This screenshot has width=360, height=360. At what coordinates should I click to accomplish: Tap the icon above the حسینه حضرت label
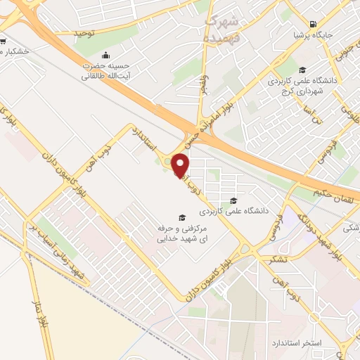pos(105,56)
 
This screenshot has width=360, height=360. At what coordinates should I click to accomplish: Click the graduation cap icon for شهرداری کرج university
pos(302,70)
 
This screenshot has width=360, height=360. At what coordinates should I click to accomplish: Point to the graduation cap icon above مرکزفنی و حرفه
pos(182,218)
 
